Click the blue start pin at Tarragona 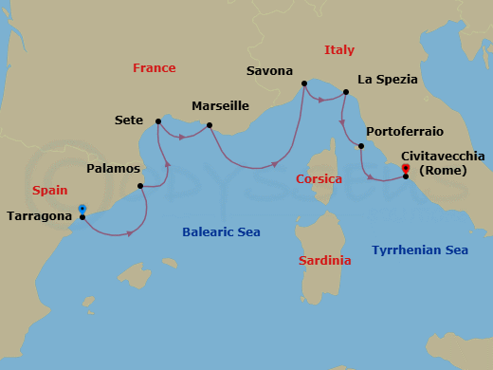(x=82, y=209)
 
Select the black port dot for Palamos (x=140, y=186)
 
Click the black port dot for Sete (x=157, y=121)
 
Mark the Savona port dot (x=303, y=84)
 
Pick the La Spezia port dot (x=345, y=92)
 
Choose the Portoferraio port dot (x=360, y=146)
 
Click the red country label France (x=154, y=68)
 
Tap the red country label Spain (x=49, y=190)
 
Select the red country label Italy (x=339, y=49)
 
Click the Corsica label (x=319, y=178)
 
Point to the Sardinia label (x=324, y=260)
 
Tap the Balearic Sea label (x=221, y=231)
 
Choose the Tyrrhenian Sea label (x=420, y=250)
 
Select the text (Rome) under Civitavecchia (x=443, y=171)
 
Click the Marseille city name (x=220, y=106)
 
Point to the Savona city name (x=268, y=71)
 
